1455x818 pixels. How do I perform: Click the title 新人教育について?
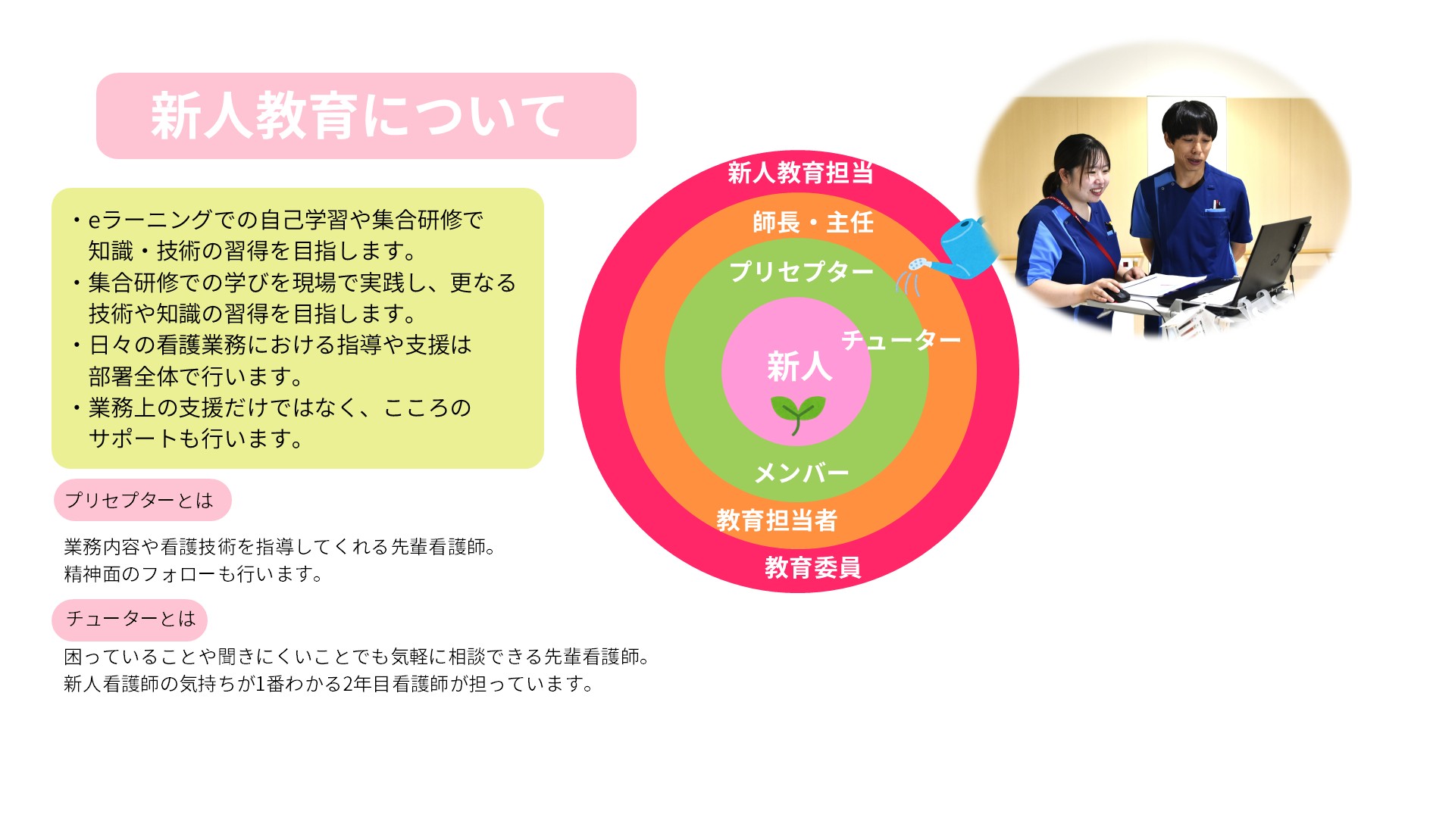[x=358, y=116]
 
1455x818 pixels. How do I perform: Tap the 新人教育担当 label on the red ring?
[x=800, y=173]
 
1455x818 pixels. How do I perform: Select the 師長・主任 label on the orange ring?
[x=813, y=223]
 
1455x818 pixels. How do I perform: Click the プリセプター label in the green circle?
[x=801, y=271]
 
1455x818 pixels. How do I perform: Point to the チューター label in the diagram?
[x=901, y=340]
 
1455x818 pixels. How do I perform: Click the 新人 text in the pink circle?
[x=799, y=367]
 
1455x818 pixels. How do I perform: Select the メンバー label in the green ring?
[x=802, y=473]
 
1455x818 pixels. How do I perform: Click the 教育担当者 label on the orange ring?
[x=777, y=520]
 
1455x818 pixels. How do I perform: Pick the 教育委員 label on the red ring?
[x=812, y=567]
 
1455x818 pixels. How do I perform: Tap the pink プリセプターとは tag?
[x=142, y=500]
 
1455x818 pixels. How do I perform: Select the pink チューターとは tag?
[x=130, y=619]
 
